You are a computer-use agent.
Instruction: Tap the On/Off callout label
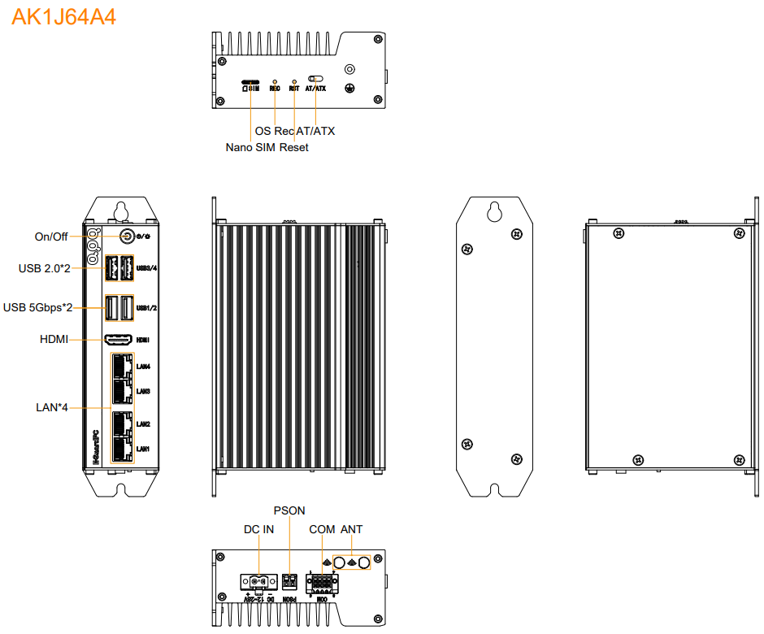[50, 237]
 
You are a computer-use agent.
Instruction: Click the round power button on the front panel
[127, 236]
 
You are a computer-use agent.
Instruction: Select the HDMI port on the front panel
[119, 340]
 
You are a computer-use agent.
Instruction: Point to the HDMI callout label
[54, 339]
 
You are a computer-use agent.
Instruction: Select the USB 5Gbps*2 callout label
[37, 307]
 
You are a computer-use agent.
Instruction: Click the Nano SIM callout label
[250, 147]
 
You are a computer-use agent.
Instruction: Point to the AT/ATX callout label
[315, 131]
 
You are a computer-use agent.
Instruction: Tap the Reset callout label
[294, 147]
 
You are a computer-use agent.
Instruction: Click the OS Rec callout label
[274, 131]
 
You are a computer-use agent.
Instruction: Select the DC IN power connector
[259, 581]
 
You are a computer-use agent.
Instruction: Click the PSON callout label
[289, 510]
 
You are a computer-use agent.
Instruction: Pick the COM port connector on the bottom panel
[321, 582]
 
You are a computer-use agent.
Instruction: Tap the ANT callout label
[352, 529]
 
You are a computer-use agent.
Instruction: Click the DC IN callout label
[259, 529]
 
